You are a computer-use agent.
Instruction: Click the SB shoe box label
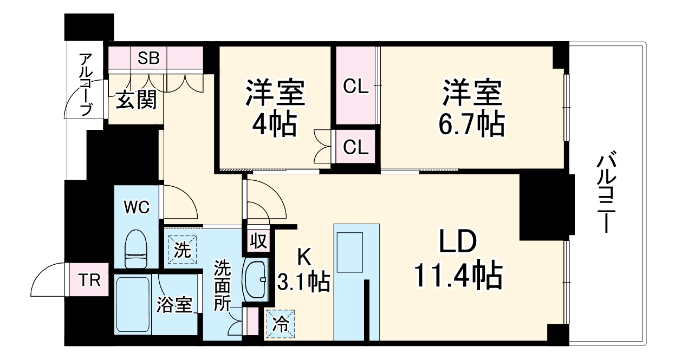tap(148, 58)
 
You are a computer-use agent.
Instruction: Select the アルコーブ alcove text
tap(86, 84)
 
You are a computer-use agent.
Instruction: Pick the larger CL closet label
tap(355, 87)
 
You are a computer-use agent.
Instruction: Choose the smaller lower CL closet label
tap(355, 146)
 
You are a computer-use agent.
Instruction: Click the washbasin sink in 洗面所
tap(255, 279)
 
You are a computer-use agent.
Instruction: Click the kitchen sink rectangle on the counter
tap(349, 252)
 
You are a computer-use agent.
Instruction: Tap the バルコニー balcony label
tap(608, 192)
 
